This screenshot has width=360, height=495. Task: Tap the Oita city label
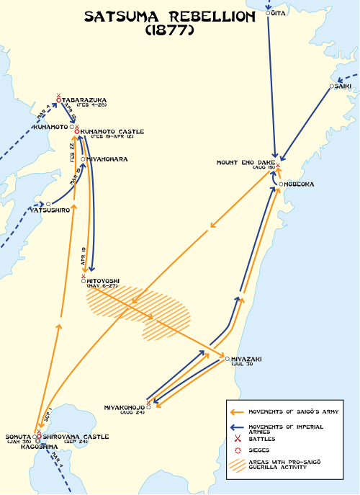(279, 12)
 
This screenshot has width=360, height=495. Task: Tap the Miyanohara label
(107, 159)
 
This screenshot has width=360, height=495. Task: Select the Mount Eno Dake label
(246, 163)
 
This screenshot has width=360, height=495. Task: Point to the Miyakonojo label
(124, 406)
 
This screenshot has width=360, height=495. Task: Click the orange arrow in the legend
(236, 412)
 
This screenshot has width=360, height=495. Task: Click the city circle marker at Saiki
(331, 86)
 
